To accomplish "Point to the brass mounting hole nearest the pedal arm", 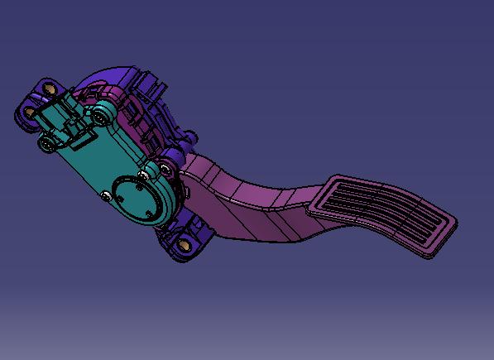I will click(x=185, y=243).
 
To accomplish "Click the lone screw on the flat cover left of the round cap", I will click(x=105, y=196).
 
